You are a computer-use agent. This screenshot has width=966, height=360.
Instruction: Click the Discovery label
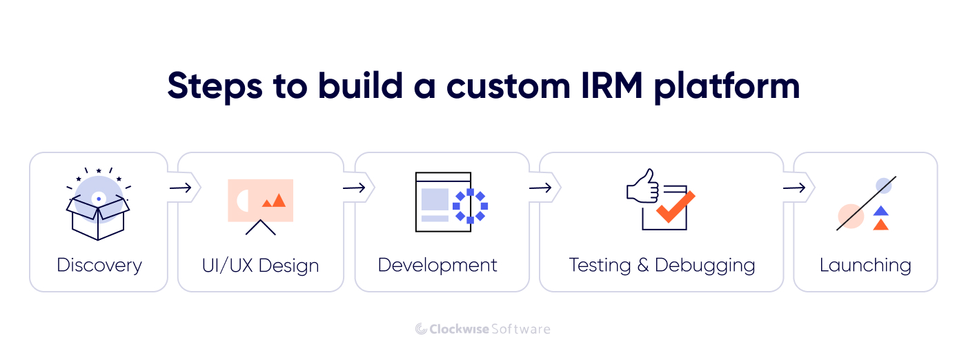tap(99, 266)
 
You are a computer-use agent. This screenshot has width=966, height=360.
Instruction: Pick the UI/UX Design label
tap(261, 266)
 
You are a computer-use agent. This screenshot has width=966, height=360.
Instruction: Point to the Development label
tap(437, 266)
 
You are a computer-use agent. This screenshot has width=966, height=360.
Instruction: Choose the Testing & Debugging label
tap(662, 266)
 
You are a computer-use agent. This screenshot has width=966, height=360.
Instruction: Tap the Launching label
tap(865, 266)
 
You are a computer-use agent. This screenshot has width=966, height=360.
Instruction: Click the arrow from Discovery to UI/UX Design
tap(180, 188)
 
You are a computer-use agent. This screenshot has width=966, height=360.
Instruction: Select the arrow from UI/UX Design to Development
tap(354, 188)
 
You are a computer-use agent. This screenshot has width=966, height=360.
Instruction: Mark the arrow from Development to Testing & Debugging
tap(540, 188)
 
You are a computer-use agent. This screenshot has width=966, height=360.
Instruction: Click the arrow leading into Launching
tap(794, 188)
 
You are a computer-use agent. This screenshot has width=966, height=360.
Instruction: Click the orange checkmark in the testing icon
tap(675, 207)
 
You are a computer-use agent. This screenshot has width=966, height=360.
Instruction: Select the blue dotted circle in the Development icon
tap(471, 206)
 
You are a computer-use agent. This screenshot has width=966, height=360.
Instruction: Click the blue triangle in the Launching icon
tap(880, 211)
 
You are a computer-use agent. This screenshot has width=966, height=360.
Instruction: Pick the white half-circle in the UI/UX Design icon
tap(242, 201)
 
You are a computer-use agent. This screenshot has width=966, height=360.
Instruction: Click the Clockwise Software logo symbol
tap(421, 329)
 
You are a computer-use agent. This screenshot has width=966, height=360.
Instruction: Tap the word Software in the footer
tap(520, 329)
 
